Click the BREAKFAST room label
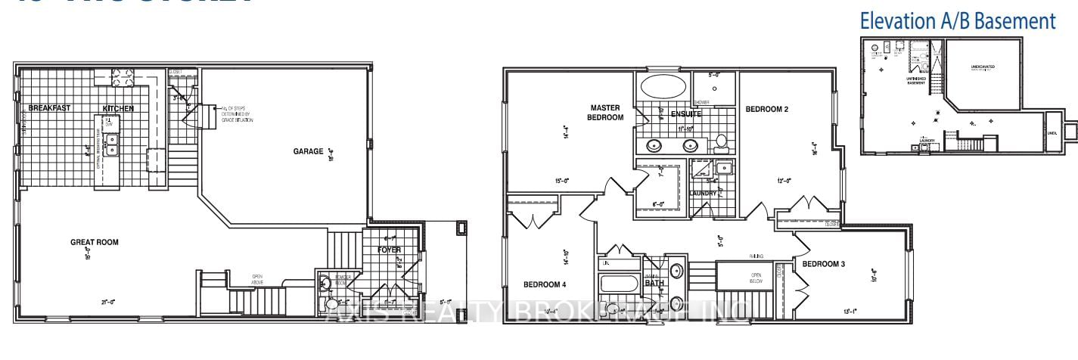tap(49, 108)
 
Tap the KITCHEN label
tap(118, 108)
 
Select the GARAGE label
tap(309, 151)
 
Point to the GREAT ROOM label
tap(95, 243)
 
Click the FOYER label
tap(390, 250)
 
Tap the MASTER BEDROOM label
tap(606, 113)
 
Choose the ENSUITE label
tap(685, 113)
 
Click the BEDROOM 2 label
tap(767, 110)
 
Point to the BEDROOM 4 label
tap(545, 284)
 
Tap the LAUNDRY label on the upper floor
tap(703, 194)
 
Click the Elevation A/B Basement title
tap(957, 21)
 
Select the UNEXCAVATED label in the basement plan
tap(982, 67)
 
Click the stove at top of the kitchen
tap(122, 75)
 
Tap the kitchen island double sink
tap(112, 144)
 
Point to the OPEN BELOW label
tap(755, 278)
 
